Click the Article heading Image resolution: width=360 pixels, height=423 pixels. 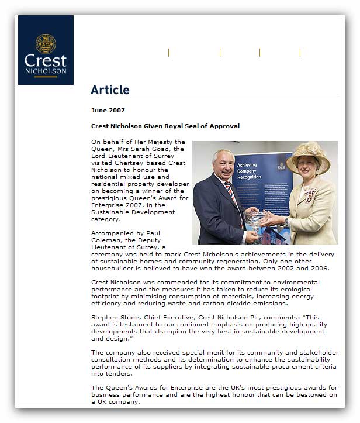pos(110,90)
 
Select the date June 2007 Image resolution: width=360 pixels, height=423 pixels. pos(108,110)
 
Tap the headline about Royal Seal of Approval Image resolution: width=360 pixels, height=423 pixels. pos(165,126)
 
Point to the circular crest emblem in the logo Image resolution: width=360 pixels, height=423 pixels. pos(46,43)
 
